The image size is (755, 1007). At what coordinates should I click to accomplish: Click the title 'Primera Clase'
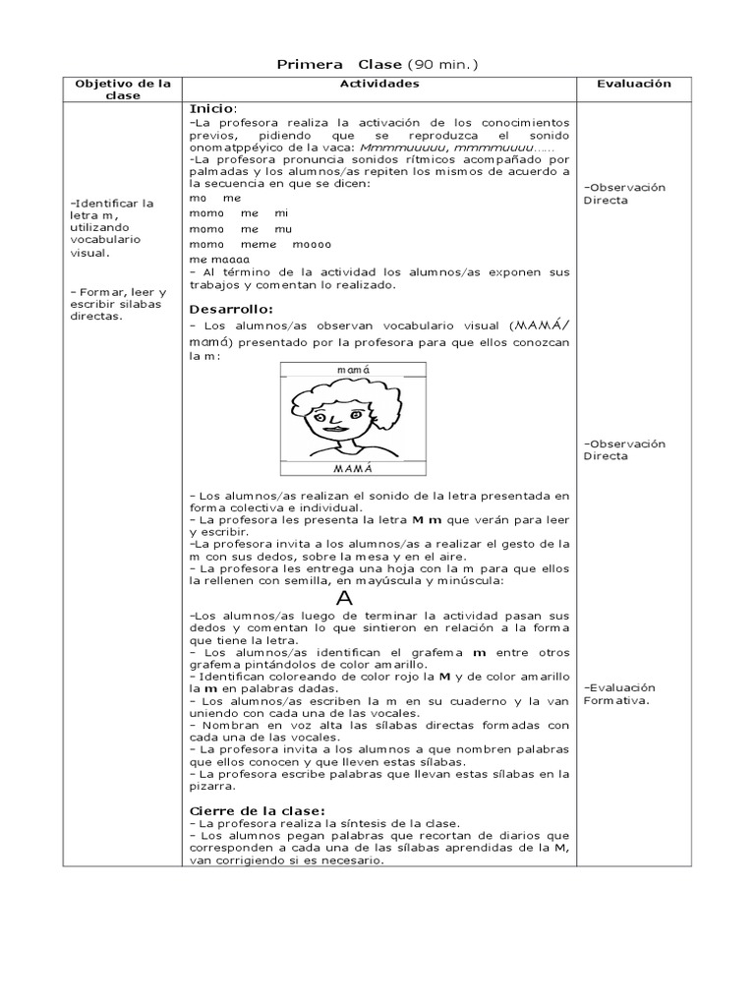(x=338, y=65)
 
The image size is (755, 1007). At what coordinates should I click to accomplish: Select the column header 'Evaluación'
(x=634, y=85)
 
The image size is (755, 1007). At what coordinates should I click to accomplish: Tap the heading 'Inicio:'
(x=212, y=107)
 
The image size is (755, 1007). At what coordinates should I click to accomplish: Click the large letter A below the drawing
(x=343, y=598)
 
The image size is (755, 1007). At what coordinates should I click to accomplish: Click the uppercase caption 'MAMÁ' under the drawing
(x=352, y=469)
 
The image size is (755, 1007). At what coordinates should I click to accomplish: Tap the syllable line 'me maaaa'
(x=218, y=260)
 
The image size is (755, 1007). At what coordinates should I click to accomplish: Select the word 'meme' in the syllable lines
(x=259, y=244)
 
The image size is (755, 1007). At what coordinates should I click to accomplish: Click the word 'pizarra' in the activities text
(x=210, y=787)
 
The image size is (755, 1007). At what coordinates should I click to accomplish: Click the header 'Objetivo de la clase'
(x=123, y=89)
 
